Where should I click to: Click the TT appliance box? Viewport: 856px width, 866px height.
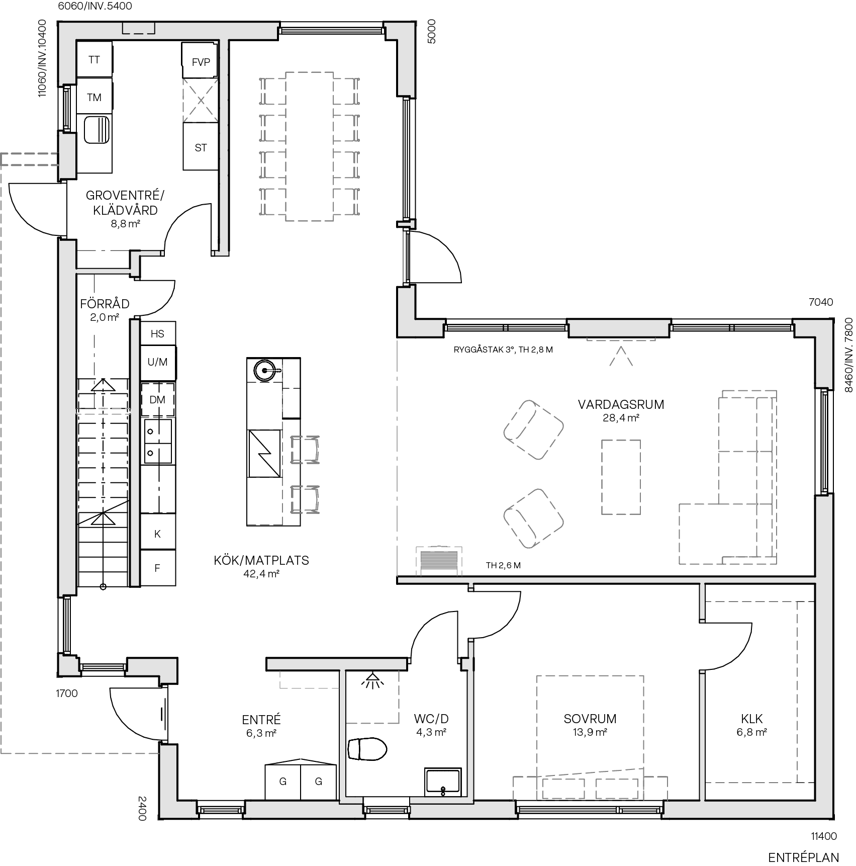(94, 60)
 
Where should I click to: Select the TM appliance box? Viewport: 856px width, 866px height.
(94, 97)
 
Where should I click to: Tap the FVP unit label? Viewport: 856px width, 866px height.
(201, 62)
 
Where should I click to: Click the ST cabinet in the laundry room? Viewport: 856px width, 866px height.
(201, 147)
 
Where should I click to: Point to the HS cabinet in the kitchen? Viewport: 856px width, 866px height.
(157, 333)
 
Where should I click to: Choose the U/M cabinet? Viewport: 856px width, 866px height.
(157, 362)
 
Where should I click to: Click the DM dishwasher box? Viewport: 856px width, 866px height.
(157, 400)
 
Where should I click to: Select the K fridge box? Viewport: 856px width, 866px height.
(157, 534)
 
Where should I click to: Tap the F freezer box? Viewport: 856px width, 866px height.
(157, 568)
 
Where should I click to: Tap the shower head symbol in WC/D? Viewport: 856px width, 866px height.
(372, 681)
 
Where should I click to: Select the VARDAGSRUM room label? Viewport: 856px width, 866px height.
(621, 404)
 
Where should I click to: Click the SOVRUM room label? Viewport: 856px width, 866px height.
(590, 719)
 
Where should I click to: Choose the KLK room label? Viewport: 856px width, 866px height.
(752, 719)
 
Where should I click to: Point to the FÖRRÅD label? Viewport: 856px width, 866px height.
(105, 304)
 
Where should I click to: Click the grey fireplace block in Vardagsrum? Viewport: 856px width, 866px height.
(439, 560)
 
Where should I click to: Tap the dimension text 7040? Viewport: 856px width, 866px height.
(821, 302)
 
